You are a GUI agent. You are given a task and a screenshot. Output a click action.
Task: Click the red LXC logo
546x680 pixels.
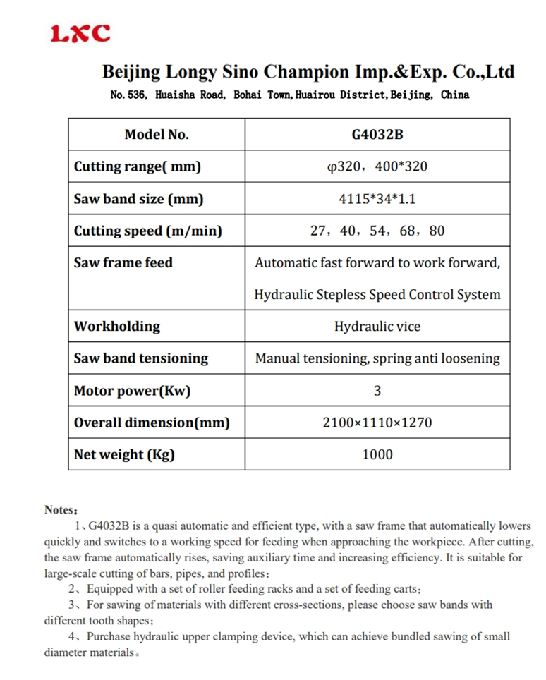(x=80, y=33)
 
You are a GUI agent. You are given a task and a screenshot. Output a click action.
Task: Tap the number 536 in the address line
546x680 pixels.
(x=135, y=95)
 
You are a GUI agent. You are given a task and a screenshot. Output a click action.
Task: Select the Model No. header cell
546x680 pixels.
(x=157, y=135)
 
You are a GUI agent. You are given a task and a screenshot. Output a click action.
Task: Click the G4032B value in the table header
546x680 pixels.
(x=377, y=135)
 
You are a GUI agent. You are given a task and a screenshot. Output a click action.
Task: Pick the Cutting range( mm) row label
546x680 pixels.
(x=138, y=166)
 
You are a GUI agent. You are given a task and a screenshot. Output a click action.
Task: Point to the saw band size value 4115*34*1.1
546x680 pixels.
(x=377, y=199)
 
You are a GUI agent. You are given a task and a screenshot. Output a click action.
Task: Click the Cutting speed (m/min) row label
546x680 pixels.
(x=148, y=231)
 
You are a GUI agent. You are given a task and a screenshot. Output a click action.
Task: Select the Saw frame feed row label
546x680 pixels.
(x=123, y=262)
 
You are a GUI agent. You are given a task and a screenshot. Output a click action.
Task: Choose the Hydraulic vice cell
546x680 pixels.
(x=377, y=327)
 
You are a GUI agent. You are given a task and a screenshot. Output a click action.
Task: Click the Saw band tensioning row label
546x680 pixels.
(x=141, y=358)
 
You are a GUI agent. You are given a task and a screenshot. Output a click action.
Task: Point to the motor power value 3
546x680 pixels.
(x=377, y=390)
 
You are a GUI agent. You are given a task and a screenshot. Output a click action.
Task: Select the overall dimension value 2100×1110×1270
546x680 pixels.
(x=377, y=423)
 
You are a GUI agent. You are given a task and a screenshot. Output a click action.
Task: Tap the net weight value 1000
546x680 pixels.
(x=377, y=454)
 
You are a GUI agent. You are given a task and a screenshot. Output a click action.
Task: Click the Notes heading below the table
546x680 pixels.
(x=60, y=509)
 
